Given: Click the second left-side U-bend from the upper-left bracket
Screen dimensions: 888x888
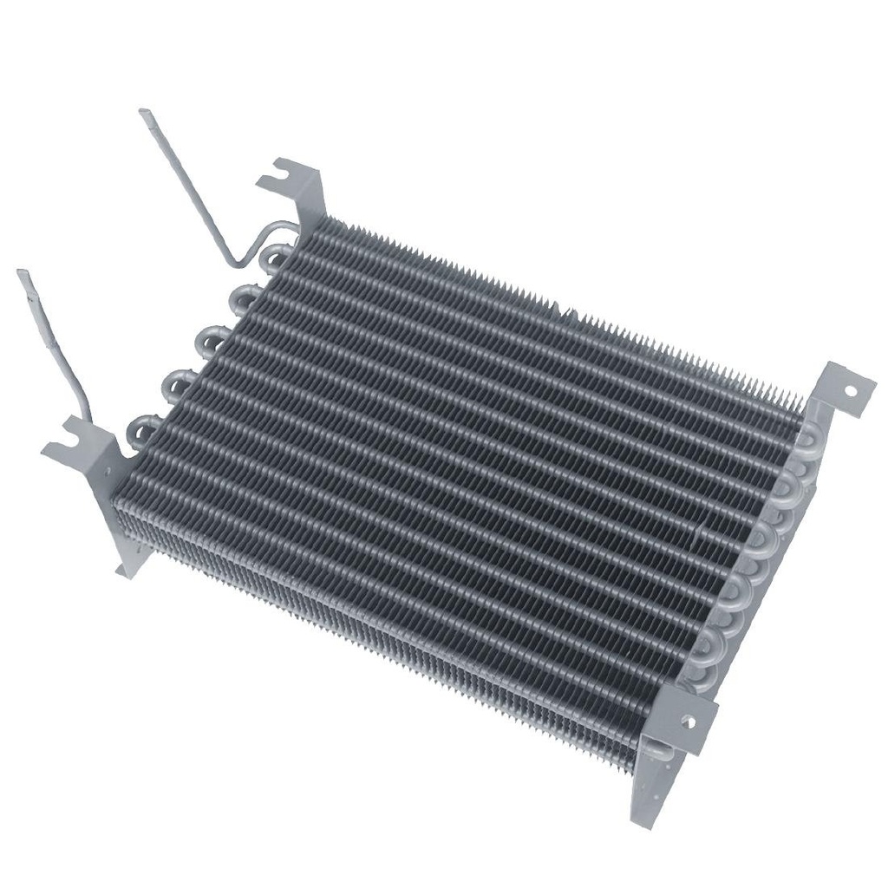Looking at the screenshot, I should click(241, 298).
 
